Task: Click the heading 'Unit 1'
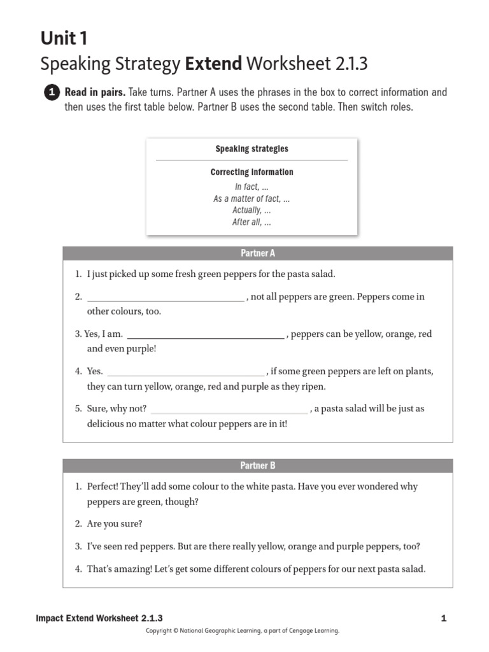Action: pyautogui.click(x=64, y=39)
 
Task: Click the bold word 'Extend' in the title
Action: pyautogui.click(x=213, y=64)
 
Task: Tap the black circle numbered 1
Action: pyautogui.click(x=52, y=93)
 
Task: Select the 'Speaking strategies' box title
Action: pyautogui.click(x=252, y=149)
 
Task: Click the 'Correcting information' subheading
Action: pyautogui.click(x=252, y=172)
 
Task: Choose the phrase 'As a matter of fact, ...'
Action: pyautogui.click(x=252, y=199)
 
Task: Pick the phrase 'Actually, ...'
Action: pyautogui.click(x=252, y=210)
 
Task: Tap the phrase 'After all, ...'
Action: pyautogui.click(x=252, y=222)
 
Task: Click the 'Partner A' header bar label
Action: pyautogui.click(x=257, y=253)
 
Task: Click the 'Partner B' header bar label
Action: pyautogui.click(x=257, y=465)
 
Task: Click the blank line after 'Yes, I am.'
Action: pyautogui.click(x=205, y=336)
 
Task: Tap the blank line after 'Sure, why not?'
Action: pyautogui.click(x=229, y=411)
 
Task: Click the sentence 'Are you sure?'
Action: pyautogui.click(x=115, y=523)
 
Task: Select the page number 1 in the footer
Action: pyautogui.click(x=443, y=618)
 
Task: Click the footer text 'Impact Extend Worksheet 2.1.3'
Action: pyautogui.click(x=99, y=618)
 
